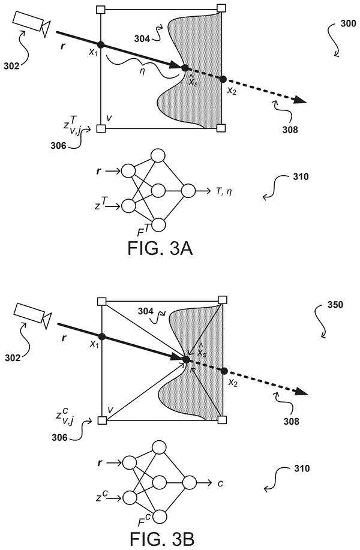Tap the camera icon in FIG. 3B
pos(32,315)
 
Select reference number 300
pos(348,24)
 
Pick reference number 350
pos(335,305)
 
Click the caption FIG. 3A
pos(160,248)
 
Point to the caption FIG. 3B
pos(162,539)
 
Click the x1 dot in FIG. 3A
pos(101,44)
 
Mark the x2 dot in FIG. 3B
pos(224,371)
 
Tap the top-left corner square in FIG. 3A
pos(100,9)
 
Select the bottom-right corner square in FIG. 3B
pos(222,419)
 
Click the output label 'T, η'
pos(224,191)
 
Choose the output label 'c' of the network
pos(220,483)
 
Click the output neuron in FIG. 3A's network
pos(188,191)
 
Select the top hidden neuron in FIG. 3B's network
pos(158,447)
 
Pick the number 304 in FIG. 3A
pos(142,38)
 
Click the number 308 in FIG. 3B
pos(292,421)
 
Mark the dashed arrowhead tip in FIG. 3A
pos(307,103)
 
